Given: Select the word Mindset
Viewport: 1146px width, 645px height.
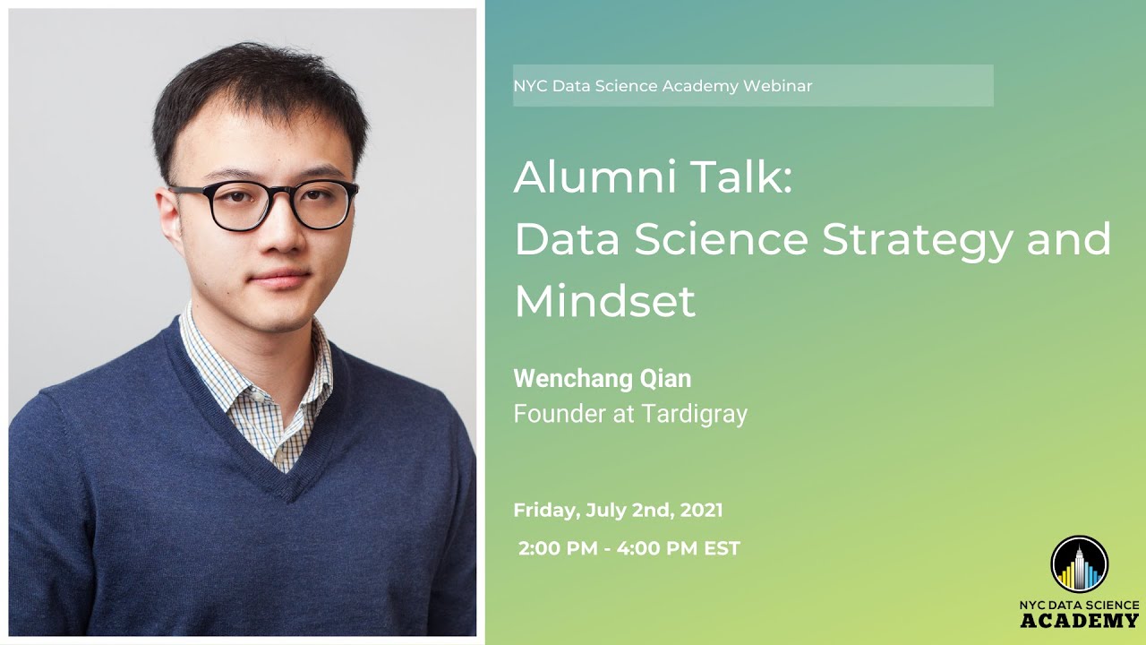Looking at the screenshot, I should (x=604, y=301).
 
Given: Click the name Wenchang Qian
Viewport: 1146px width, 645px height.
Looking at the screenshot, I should (x=602, y=378).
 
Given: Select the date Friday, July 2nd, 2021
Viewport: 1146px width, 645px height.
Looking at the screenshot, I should (x=618, y=511).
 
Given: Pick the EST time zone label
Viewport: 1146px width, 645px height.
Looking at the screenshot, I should (x=723, y=548).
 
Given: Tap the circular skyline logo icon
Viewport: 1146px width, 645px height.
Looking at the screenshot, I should (x=1079, y=564).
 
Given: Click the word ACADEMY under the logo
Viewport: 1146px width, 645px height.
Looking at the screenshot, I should (x=1079, y=620).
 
